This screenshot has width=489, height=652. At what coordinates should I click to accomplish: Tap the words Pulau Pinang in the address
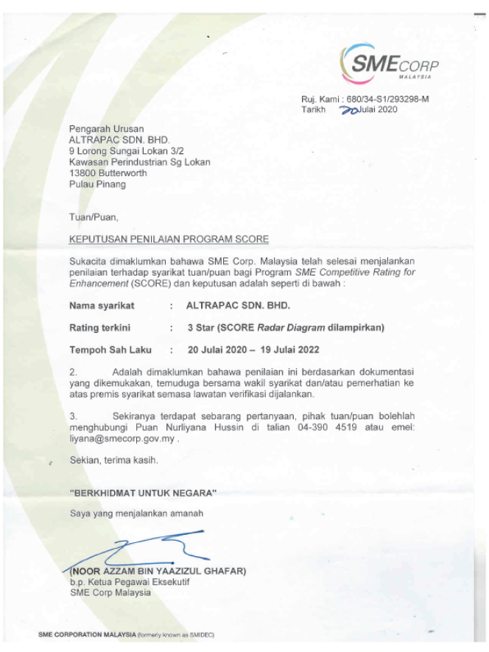pos(97,184)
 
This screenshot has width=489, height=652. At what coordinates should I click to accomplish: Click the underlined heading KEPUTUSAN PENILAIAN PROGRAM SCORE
pos(169,239)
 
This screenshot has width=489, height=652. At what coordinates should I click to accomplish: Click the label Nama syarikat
pos(102,305)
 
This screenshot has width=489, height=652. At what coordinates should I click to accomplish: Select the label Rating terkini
pos(101,327)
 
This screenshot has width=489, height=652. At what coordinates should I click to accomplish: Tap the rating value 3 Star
pos(204,327)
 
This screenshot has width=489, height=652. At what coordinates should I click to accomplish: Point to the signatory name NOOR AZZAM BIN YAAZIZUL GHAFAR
pos(158,571)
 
